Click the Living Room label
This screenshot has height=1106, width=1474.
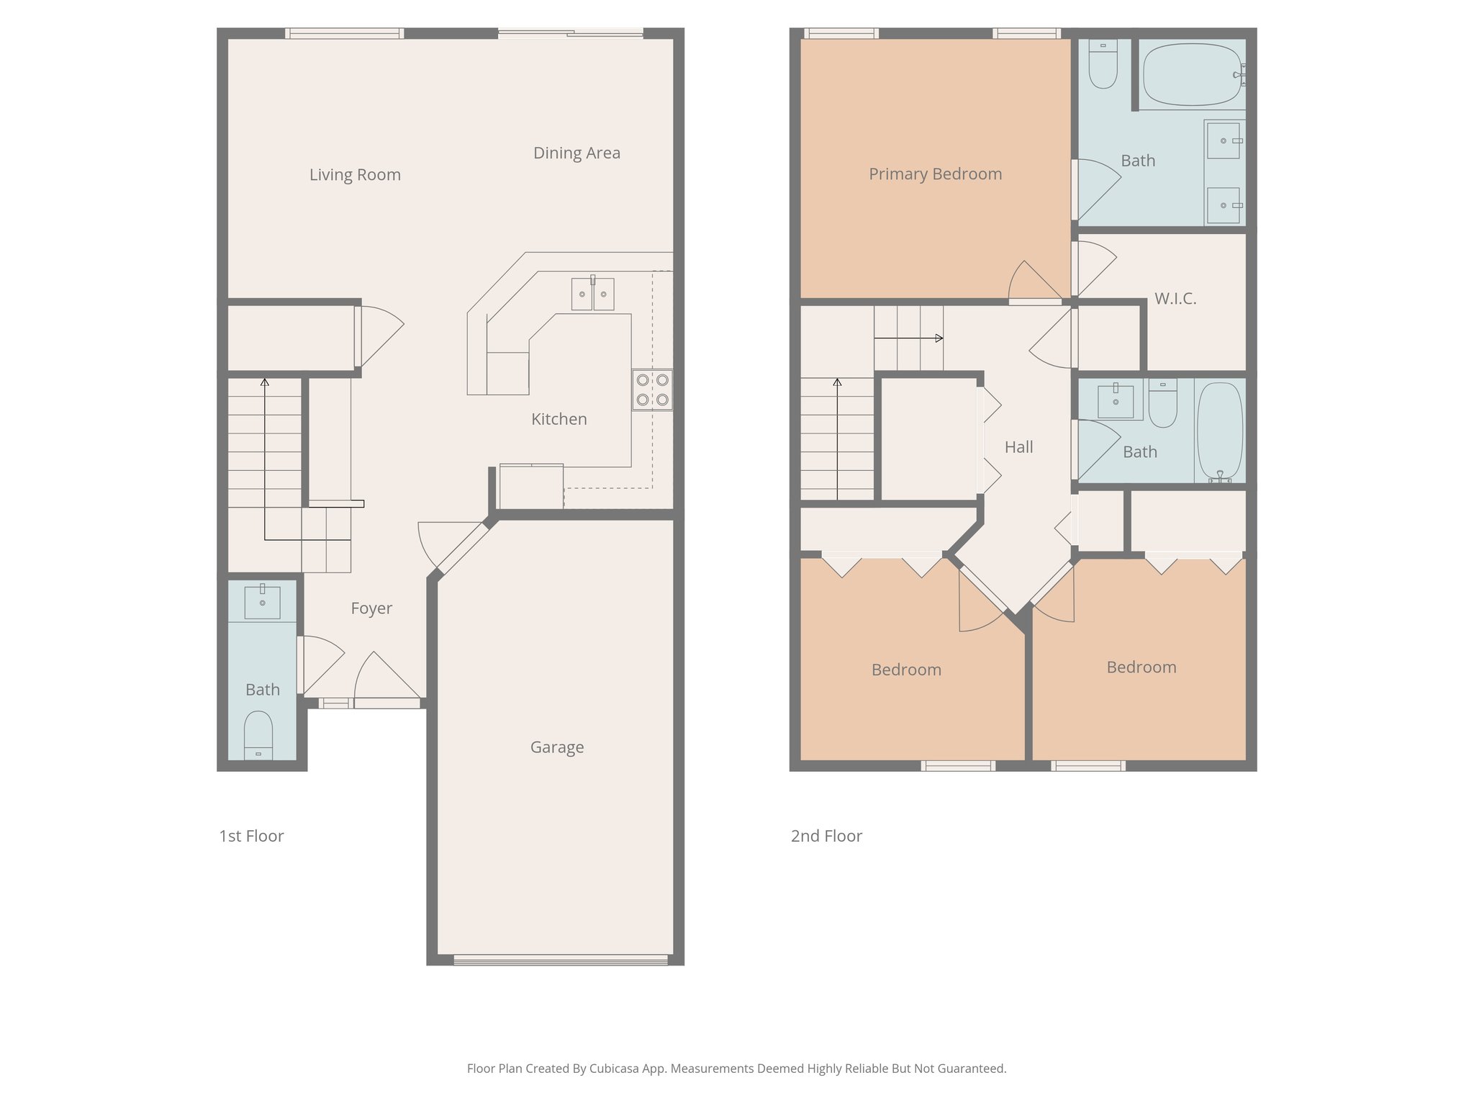pyautogui.click(x=355, y=175)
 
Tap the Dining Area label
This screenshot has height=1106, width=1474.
pyautogui.click(x=577, y=153)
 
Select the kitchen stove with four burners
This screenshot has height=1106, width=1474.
pyautogui.click(x=652, y=390)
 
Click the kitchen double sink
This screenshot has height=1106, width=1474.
pyautogui.click(x=592, y=294)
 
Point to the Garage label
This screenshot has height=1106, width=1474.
pyautogui.click(x=556, y=747)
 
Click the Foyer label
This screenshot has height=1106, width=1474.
pyautogui.click(x=371, y=608)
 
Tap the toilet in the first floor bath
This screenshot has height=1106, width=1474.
pyautogui.click(x=258, y=733)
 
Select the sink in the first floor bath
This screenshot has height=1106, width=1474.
pyautogui.click(x=262, y=602)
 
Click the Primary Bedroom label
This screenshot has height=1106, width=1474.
pyautogui.click(x=935, y=174)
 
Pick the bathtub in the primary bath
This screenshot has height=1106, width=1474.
pyautogui.click(x=1191, y=75)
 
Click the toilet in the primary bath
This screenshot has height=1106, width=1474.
pyautogui.click(x=1103, y=65)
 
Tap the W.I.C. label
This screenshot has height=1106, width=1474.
pyautogui.click(x=1175, y=299)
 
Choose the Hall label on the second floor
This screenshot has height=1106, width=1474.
pyautogui.click(x=1018, y=447)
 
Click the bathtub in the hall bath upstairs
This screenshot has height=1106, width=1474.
pyautogui.click(x=1219, y=431)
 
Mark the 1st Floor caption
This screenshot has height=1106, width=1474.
pyautogui.click(x=251, y=836)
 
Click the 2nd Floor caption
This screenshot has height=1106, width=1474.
pyautogui.click(x=826, y=836)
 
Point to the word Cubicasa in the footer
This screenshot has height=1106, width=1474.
pyautogui.click(x=615, y=1069)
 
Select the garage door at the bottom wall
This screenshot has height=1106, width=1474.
pyautogui.click(x=561, y=959)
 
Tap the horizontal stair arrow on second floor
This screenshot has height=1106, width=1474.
pyautogui.click(x=908, y=338)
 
